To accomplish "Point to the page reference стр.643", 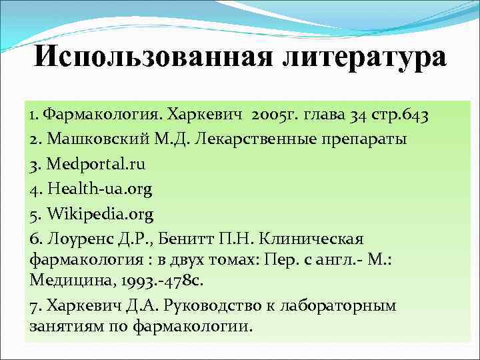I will [400, 115].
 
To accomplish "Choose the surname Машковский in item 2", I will [87, 140].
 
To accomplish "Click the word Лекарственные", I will [253, 140].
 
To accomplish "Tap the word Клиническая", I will [323, 239].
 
